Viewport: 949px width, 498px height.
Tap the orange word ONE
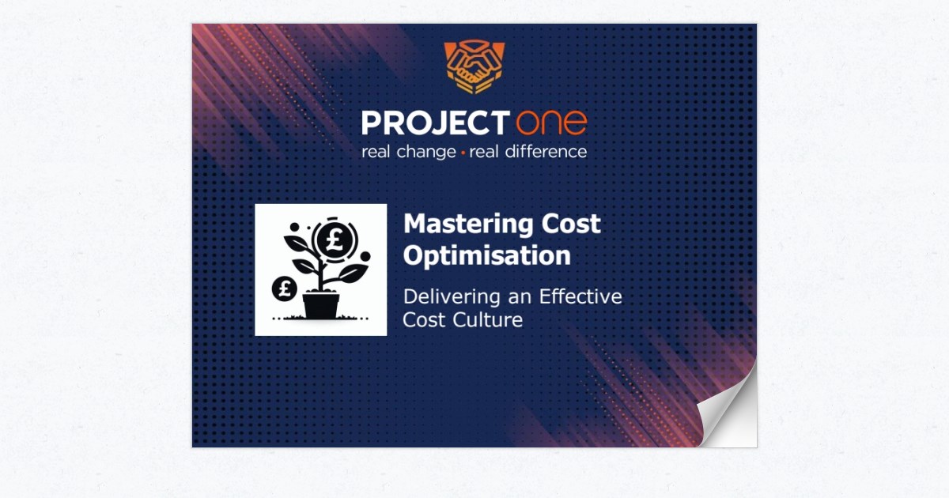click(552, 123)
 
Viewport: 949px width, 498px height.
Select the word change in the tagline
click(425, 152)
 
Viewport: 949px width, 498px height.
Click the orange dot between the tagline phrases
click(463, 153)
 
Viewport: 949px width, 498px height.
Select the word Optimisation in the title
click(486, 255)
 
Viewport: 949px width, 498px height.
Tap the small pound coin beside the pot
click(284, 289)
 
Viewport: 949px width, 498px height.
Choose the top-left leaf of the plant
click(297, 243)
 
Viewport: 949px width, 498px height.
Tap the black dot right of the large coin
click(365, 256)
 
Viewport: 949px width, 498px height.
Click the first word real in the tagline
click(376, 152)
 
